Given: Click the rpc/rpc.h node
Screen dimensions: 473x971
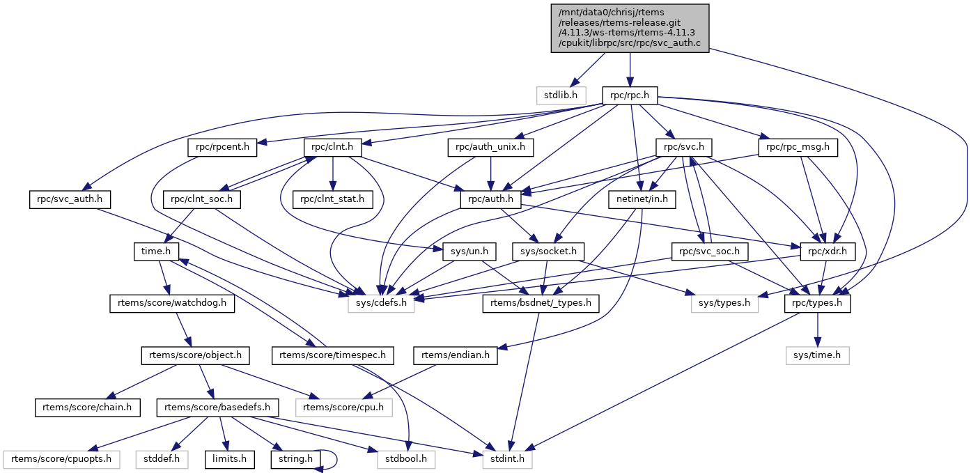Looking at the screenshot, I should coord(630,95).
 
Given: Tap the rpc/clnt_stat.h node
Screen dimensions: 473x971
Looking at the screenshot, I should coord(333,199).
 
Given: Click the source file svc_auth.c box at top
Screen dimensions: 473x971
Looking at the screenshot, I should coord(630,28).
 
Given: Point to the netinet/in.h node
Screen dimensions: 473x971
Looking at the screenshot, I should coord(642,199).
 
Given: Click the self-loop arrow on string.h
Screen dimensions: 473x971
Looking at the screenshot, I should coord(336,458).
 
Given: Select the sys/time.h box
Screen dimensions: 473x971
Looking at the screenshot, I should coord(817,355).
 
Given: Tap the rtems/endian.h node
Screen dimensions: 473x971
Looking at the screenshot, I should coord(455,355).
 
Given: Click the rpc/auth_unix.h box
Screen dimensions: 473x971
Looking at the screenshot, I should coord(490,148).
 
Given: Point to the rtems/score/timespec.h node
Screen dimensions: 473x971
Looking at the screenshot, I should coord(333,355).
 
